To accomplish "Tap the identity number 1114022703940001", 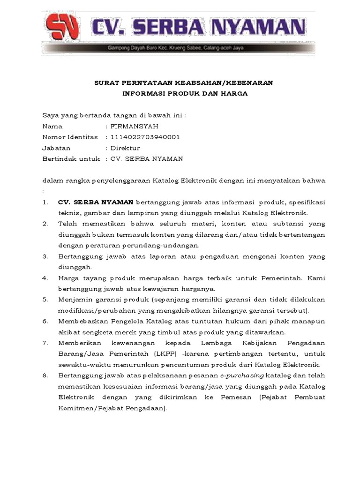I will click(145, 137).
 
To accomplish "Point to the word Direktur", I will click(125, 148).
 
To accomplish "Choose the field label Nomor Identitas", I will click(70, 137).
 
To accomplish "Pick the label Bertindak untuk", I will click(71, 158).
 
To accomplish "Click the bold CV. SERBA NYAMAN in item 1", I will click(96, 202).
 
